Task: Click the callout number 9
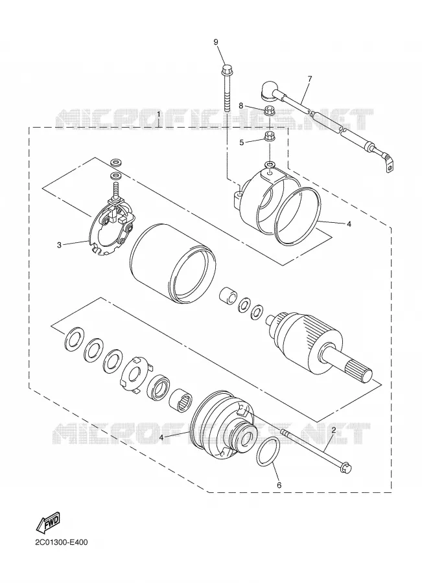(216, 41)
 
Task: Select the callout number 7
(310, 78)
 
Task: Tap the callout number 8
(240, 106)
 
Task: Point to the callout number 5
(242, 142)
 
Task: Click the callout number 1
(159, 114)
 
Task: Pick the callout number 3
(59, 245)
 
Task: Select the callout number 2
(334, 430)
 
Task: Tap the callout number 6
(279, 485)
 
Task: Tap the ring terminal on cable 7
(388, 167)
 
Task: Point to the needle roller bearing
(181, 404)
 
